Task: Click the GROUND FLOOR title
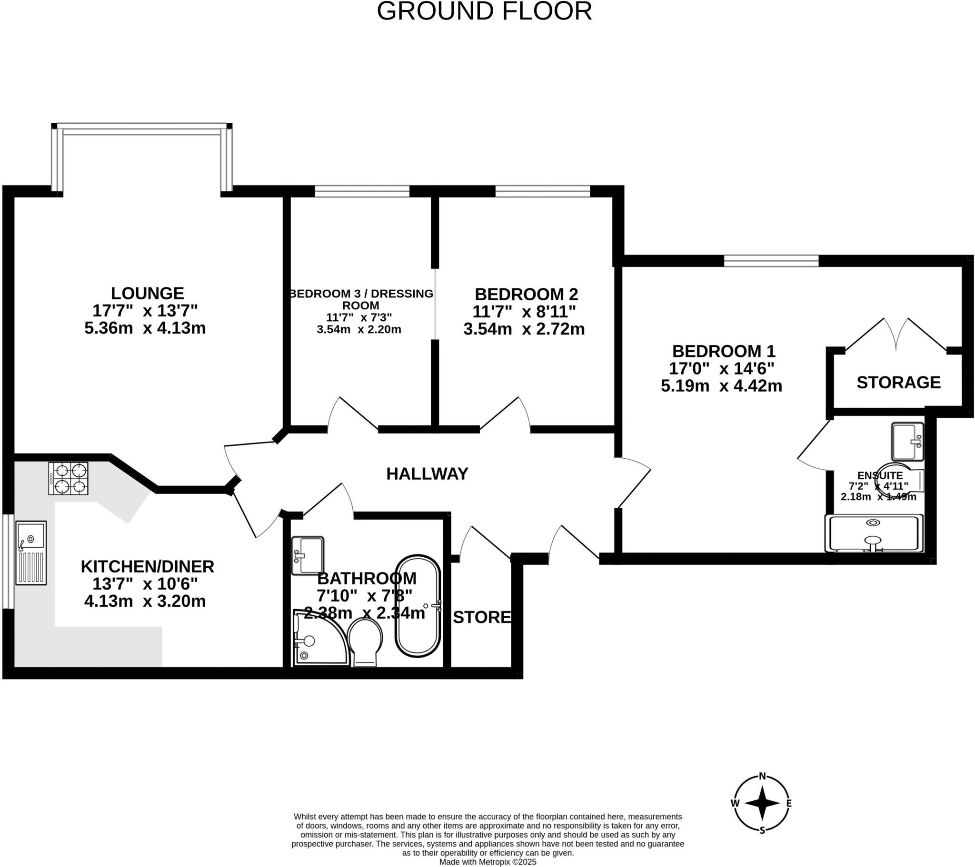click(x=484, y=11)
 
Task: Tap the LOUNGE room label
click(x=148, y=293)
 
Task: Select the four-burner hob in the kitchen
click(x=69, y=478)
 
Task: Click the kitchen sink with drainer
click(x=31, y=553)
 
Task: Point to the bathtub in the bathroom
click(x=418, y=606)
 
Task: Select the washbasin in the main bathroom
click(x=308, y=555)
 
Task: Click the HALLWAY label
click(x=427, y=473)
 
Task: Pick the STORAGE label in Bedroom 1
click(x=898, y=383)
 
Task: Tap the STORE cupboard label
click(x=482, y=618)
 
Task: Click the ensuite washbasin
click(x=907, y=442)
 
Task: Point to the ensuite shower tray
click(x=874, y=533)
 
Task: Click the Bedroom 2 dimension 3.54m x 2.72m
click(x=524, y=329)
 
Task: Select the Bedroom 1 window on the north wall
click(x=771, y=261)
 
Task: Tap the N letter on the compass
click(x=762, y=789)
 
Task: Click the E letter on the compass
click(x=789, y=817)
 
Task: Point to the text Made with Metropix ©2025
click(x=487, y=862)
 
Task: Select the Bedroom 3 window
click(x=362, y=192)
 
